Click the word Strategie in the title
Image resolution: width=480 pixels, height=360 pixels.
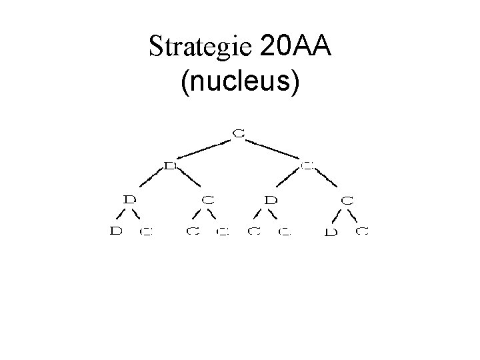point(200,47)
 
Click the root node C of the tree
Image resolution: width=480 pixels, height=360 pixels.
point(239,134)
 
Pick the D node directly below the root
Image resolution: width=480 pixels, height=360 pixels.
point(170,165)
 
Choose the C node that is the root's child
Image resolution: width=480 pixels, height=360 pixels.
point(307,165)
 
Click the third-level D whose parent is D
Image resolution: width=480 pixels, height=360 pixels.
point(131,199)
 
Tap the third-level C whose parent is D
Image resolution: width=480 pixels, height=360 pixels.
point(208,199)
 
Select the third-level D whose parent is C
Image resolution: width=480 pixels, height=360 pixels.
point(271,199)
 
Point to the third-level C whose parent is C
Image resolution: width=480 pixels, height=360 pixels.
point(348,199)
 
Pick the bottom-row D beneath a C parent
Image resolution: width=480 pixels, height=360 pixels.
point(329,233)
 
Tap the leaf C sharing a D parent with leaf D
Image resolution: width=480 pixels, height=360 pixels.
point(146,232)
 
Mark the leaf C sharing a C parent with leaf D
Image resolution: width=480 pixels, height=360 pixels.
point(362,231)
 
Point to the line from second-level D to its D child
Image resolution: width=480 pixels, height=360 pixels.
point(151,182)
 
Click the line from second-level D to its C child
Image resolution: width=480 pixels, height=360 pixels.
point(189,182)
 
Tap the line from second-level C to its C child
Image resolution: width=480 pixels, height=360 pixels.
point(328,182)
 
